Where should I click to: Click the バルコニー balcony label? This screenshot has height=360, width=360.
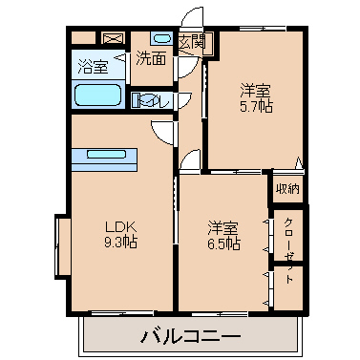click(x=190, y=336)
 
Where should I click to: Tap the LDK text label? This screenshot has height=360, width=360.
click(x=120, y=227)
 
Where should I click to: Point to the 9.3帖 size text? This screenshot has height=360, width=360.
click(x=120, y=243)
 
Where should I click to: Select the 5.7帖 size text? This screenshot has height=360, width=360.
click(x=256, y=106)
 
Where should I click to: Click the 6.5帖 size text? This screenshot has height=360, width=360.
click(x=223, y=244)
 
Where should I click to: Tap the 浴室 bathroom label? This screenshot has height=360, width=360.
click(x=93, y=66)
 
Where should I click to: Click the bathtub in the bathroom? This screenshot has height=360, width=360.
click(x=98, y=95)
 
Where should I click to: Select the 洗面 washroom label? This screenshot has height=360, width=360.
click(x=151, y=58)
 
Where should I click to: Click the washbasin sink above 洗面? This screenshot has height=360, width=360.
click(x=161, y=38)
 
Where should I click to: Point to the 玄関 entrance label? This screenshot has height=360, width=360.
click(x=192, y=41)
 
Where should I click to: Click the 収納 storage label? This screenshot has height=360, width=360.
click(x=287, y=189)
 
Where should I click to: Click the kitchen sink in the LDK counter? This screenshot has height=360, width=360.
click(x=106, y=155)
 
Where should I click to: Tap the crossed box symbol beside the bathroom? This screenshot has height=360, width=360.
click(x=112, y=38)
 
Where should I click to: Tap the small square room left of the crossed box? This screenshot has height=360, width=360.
click(x=83, y=38)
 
